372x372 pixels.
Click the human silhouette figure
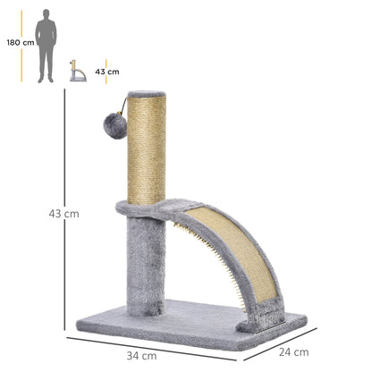[x=46, y=46]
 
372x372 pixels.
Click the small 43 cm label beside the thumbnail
[x=107, y=72]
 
